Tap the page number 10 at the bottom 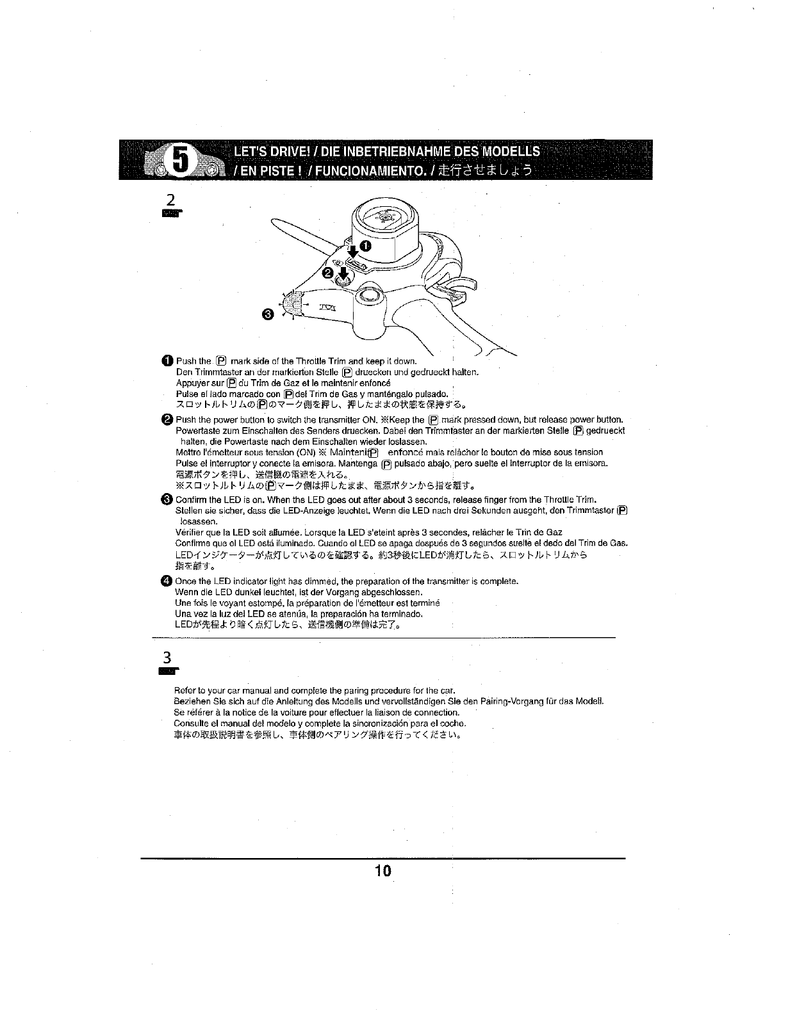[x=383, y=871]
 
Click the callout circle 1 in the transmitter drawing [x=365, y=247]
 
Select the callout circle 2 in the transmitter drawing [x=327, y=273]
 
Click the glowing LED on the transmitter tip [x=292, y=300]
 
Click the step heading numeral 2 [x=170, y=199]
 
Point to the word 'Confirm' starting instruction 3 [x=190, y=499]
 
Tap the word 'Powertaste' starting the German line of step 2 [x=195, y=430]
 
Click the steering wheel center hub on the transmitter [x=384, y=218]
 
